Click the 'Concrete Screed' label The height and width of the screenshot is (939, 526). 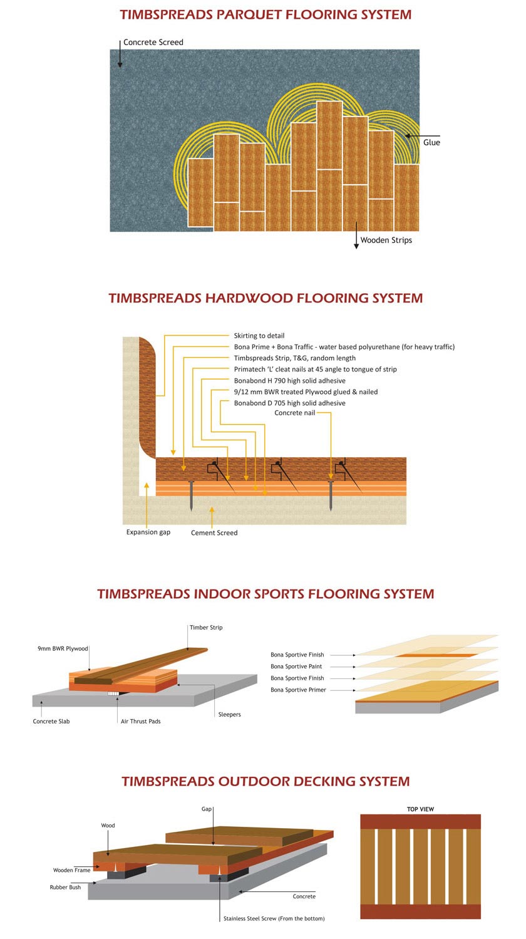point(153,43)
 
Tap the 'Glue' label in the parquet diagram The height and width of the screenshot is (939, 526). point(431,143)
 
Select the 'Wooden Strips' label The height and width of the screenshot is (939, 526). point(386,240)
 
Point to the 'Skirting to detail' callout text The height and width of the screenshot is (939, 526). point(259,336)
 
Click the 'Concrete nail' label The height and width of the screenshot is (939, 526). point(295,413)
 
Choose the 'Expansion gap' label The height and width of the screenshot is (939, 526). point(148,532)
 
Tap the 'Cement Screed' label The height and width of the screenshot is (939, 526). point(214,533)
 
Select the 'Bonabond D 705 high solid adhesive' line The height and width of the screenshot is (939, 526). point(290,403)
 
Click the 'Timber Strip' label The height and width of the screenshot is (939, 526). point(206,628)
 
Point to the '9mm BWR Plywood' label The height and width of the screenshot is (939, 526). point(63,648)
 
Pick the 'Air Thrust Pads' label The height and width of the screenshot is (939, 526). point(140,722)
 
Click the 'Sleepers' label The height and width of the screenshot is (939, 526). point(229,714)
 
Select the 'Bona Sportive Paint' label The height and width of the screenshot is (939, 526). point(296,667)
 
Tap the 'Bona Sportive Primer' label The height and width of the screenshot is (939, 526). point(298,690)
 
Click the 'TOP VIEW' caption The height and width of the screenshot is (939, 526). point(420,809)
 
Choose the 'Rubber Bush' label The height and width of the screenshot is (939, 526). point(65,888)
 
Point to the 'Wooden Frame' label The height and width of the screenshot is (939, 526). point(71,870)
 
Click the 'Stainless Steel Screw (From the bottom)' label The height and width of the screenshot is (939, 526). point(274,918)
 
